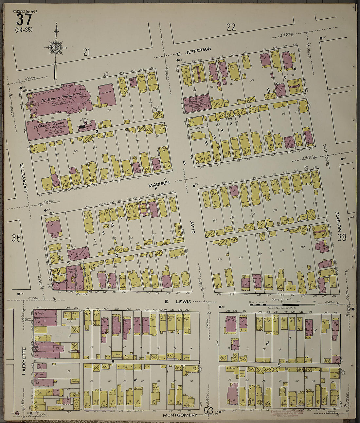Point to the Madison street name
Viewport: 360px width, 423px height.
click(x=159, y=185)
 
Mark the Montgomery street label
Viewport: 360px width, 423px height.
click(x=180, y=415)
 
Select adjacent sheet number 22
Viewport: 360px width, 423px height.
click(x=231, y=27)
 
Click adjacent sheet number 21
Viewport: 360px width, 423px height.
click(x=86, y=51)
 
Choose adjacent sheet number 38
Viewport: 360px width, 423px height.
click(x=342, y=237)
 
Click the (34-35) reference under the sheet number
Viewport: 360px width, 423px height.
click(x=24, y=30)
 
